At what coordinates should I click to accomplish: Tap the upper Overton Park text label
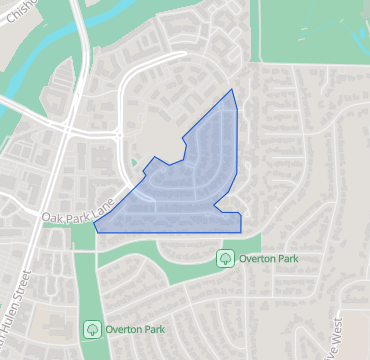[x=271, y=259]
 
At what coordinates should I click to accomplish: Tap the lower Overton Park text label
[x=136, y=328]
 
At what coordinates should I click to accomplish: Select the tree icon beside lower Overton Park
[x=91, y=328]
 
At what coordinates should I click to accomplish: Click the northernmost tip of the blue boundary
[x=233, y=90]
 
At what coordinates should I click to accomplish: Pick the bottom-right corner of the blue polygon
[x=241, y=232]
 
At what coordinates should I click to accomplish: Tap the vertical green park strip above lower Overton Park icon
[x=85, y=285]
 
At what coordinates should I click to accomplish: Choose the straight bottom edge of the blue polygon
[x=170, y=232]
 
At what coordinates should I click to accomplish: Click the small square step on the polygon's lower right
[x=229, y=211]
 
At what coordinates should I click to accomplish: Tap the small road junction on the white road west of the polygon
[x=118, y=134]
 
